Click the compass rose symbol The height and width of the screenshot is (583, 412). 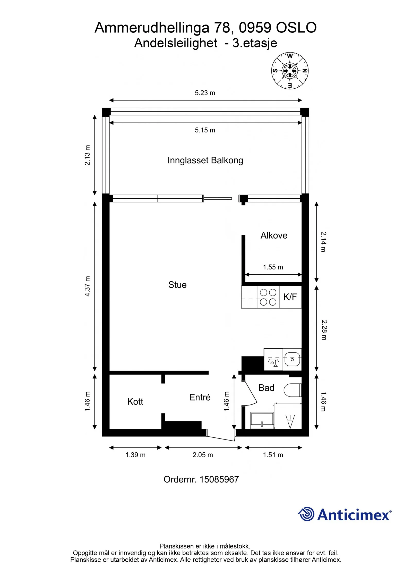(x=290, y=71)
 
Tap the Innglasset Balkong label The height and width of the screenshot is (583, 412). (x=205, y=160)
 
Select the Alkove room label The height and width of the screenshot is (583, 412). (x=274, y=235)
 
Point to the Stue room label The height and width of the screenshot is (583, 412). (x=177, y=285)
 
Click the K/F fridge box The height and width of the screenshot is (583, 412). (x=290, y=297)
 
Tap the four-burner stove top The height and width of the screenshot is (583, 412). (x=268, y=297)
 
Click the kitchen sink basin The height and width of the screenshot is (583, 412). (x=292, y=359)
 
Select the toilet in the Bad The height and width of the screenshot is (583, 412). (x=293, y=390)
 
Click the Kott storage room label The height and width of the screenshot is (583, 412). (x=135, y=402)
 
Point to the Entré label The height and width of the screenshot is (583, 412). (x=200, y=397)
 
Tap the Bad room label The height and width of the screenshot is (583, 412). (x=266, y=388)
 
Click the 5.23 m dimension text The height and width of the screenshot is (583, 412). (x=205, y=93)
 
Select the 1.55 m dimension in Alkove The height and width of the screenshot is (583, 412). (x=273, y=267)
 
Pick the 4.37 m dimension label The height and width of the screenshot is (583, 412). (x=88, y=286)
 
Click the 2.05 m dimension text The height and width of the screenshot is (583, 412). (x=203, y=455)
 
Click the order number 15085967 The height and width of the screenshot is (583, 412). (x=219, y=479)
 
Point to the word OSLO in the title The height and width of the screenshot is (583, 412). (x=296, y=28)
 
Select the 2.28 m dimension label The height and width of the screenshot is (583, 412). (x=324, y=330)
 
